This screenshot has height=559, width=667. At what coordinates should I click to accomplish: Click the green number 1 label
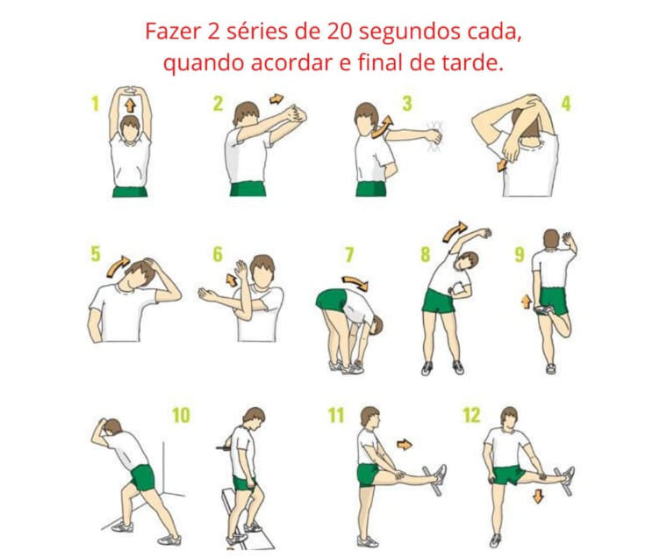95,104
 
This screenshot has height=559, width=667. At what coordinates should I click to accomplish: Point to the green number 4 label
566,104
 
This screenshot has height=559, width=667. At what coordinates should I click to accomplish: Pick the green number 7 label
349,254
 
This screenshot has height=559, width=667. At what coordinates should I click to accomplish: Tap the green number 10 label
181,415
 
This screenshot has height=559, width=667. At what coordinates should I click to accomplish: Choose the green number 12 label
471,415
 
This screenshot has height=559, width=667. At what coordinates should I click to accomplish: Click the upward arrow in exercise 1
130,105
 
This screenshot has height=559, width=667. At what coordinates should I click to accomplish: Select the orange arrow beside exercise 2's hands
276,98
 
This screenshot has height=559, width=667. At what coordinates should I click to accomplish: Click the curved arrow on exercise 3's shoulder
381,127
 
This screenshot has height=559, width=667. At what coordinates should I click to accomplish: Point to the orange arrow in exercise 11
405,445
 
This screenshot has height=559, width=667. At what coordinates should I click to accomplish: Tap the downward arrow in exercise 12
539,497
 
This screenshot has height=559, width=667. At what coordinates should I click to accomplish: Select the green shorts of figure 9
555,301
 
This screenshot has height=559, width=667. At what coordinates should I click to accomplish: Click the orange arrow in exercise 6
232,279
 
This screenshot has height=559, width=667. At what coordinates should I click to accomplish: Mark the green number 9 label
520,254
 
